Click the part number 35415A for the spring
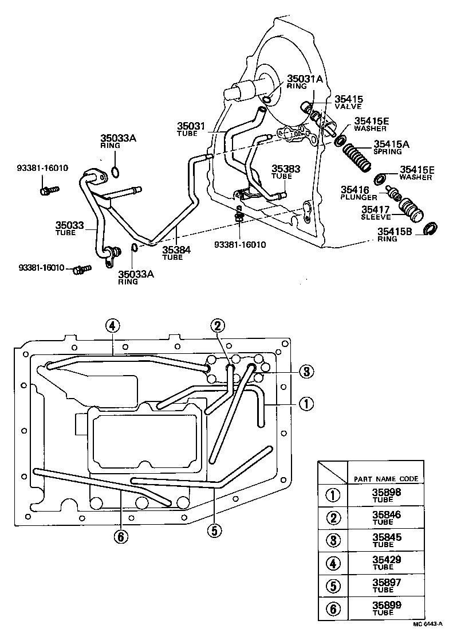click(x=391, y=145)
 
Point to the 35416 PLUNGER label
click(x=359, y=193)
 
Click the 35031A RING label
click(x=305, y=82)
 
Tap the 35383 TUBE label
click(x=286, y=172)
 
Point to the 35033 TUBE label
click(x=69, y=229)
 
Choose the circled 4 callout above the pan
click(x=113, y=326)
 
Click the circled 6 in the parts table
click(x=333, y=607)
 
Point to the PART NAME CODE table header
click(x=385, y=478)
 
